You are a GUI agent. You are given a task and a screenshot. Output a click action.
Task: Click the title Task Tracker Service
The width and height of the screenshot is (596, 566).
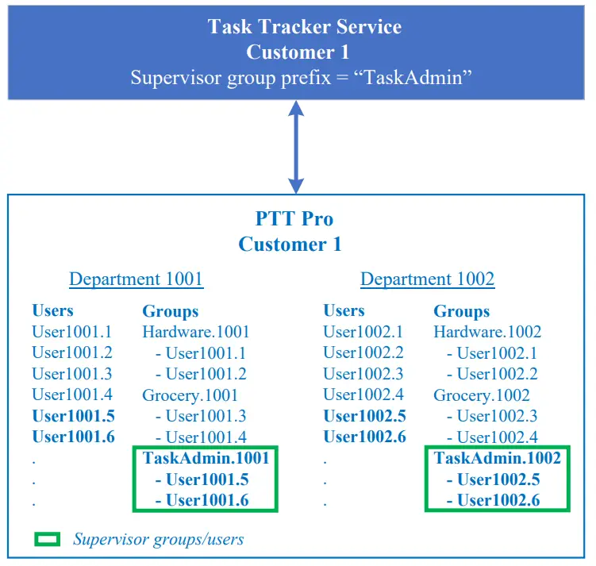304,26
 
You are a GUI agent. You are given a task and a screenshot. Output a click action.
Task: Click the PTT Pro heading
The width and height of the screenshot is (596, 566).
294,219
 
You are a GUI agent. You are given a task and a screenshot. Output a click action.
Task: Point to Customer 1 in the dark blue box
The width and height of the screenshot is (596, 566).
304,52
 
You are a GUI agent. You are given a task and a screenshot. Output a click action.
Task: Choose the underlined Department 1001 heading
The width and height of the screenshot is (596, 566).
136,279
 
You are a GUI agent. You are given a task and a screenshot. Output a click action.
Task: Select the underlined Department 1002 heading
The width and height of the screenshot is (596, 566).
427,279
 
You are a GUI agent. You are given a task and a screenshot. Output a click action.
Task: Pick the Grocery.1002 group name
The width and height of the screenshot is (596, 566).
481,395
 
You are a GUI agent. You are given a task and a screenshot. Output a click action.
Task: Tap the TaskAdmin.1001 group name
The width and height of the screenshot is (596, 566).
206,458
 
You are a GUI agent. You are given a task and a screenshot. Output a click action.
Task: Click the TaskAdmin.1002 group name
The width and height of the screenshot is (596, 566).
497,458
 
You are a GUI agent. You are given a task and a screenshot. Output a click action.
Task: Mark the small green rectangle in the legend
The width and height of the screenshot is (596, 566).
48,540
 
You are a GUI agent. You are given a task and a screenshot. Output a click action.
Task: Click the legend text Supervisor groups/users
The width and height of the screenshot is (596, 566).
158,540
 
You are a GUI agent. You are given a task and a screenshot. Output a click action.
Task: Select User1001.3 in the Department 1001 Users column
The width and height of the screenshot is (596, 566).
72,374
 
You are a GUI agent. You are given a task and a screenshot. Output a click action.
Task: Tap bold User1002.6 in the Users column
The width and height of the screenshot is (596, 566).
364,437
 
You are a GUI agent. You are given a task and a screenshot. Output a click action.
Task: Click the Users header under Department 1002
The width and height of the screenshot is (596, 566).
344,310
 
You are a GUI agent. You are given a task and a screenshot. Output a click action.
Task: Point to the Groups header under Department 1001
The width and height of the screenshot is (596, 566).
170,311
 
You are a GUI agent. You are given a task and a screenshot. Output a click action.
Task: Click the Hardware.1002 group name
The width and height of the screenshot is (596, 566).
486,332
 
